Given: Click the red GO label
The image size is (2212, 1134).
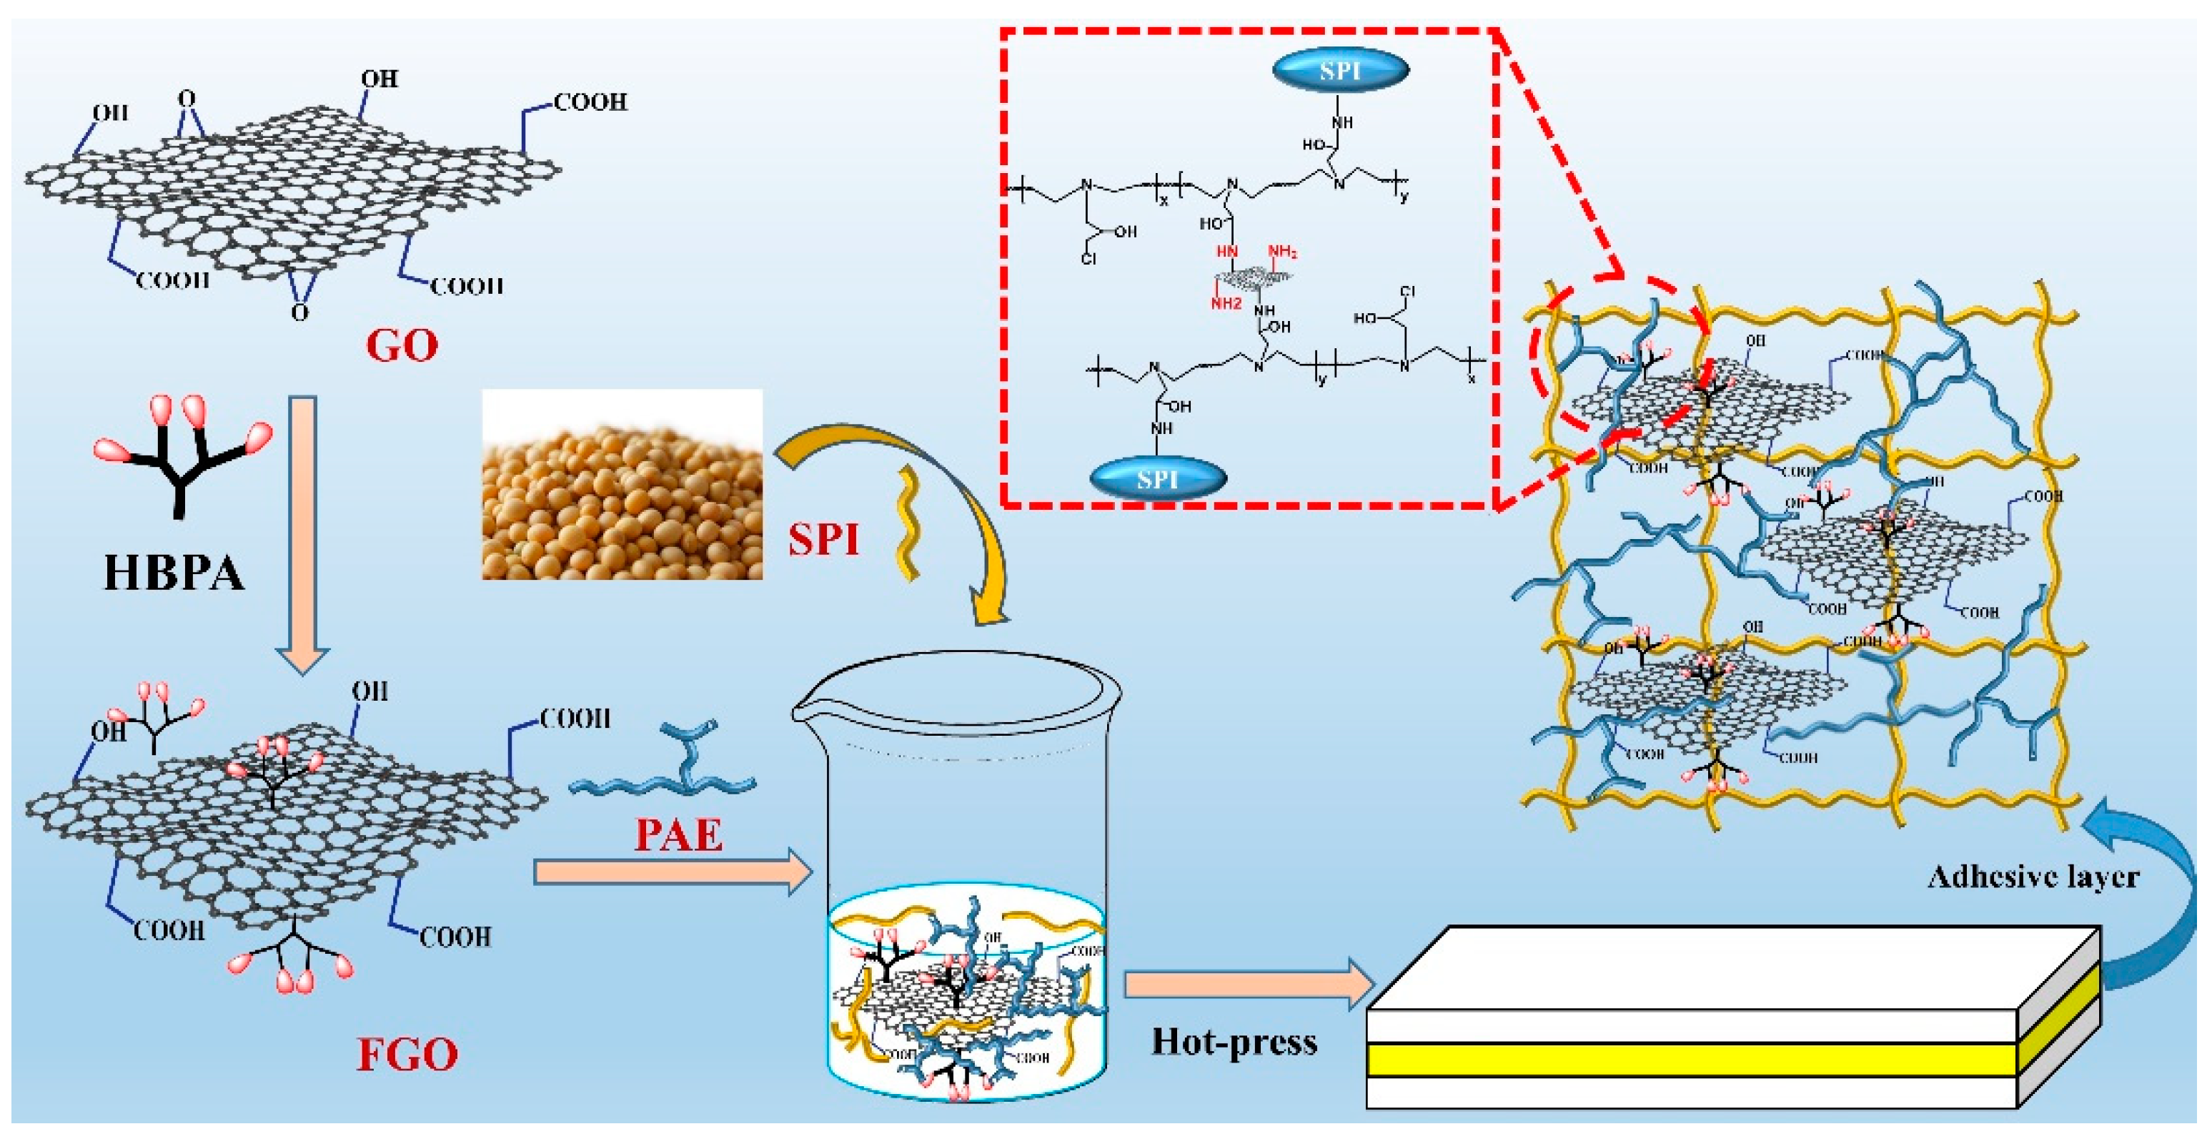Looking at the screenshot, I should (x=401, y=345).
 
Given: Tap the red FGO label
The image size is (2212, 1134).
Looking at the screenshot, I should (x=407, y=1054).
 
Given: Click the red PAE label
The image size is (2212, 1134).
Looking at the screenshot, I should (x=678, y=835).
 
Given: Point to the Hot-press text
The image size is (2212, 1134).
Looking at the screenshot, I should (x=1234, y=1042).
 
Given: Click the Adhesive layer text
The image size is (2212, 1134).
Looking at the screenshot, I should (x=2033, y=877).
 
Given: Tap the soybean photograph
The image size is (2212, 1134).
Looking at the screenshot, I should (x=622, y=485).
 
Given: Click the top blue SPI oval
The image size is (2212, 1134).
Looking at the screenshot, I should (x=1339, y=71).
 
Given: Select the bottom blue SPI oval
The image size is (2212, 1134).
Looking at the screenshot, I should (x=1158, y=478).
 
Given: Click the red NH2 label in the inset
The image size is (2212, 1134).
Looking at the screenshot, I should (x=1282, y=252).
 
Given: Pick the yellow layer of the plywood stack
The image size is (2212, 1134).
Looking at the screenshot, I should (x=1692, y=1059).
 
